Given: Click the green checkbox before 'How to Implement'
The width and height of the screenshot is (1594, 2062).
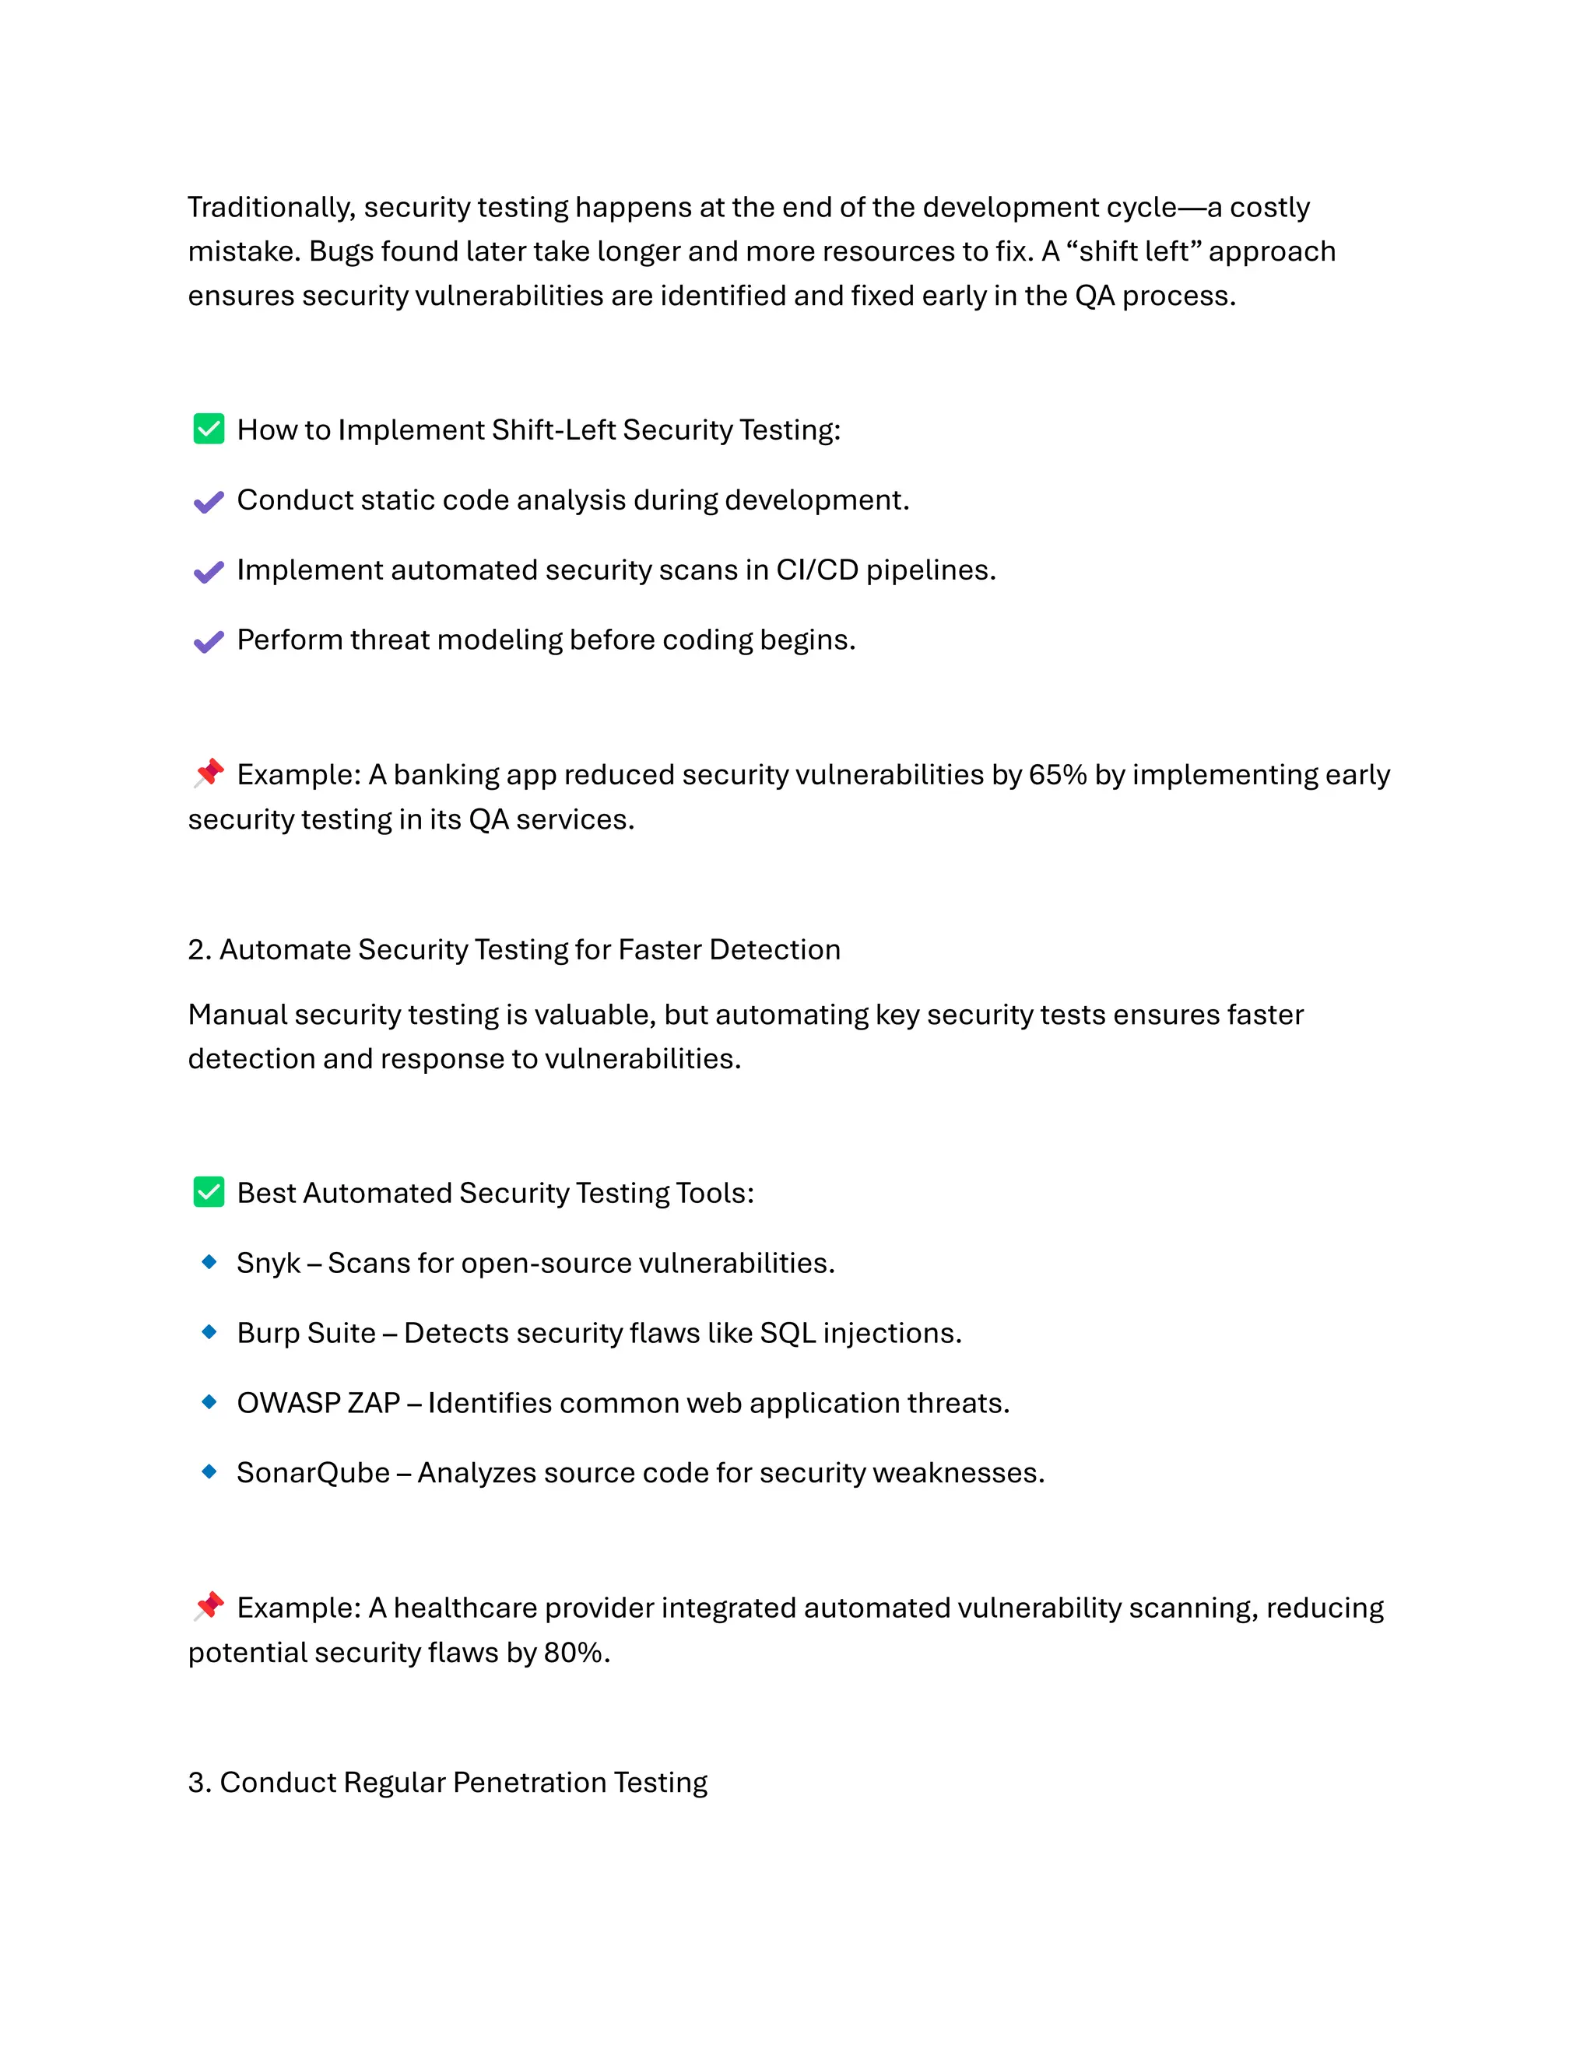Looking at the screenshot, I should click(209, 429).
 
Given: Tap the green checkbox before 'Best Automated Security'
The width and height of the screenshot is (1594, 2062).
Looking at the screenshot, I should click(209, 1191).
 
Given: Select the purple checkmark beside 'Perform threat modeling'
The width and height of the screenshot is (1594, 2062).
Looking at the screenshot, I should click(209, 641).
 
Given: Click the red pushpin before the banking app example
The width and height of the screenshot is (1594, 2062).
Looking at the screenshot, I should click(209, 773).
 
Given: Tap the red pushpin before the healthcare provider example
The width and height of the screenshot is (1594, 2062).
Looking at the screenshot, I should click(209, 1606).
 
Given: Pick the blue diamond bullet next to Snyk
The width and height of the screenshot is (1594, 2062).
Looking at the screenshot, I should click(209, 1261).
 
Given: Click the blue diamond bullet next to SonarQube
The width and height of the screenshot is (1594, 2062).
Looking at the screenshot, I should click(209, 1471).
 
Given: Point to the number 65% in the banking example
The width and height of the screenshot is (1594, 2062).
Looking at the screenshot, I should click(1057, 774).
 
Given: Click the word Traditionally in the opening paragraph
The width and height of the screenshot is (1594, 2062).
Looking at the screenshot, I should click(271, 207).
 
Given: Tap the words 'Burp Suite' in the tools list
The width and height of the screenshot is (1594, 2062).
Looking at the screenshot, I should click(306, 1333).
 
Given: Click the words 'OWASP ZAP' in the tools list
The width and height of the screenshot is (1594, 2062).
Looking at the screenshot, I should click(318, 1403).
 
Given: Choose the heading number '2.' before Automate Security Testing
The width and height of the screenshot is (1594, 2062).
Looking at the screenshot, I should click(198, 950).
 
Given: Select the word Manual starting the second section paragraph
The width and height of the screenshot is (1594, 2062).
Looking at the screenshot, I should click(237, 1015).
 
